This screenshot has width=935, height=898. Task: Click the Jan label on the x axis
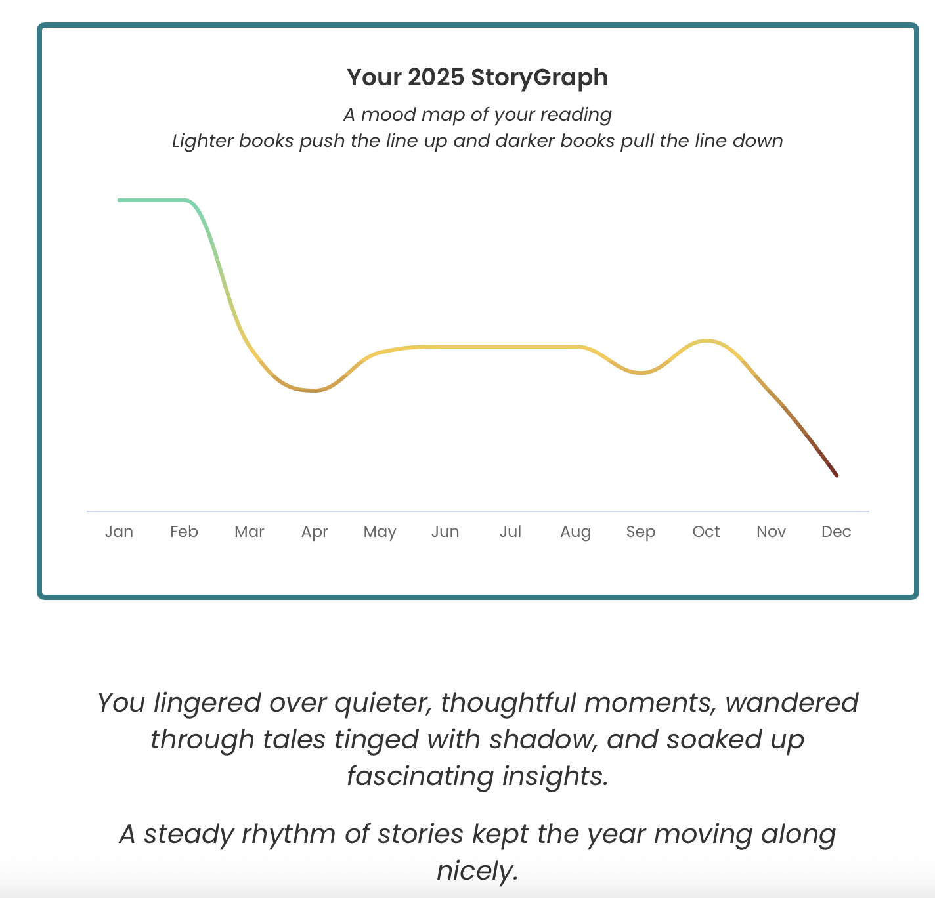pos(119,532)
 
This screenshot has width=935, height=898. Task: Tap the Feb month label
pos(184,532)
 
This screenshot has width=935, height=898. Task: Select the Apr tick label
pos(315,532)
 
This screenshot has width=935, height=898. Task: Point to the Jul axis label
pos(510,532)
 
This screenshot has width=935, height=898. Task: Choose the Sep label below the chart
pos(640,532)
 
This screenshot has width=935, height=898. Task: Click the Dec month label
pos(836,532)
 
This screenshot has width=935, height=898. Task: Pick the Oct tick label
pos(706,532)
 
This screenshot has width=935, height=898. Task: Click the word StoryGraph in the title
pos(539,78)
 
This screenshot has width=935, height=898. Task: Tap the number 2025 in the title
pos(436,77)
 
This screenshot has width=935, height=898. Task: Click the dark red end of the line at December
pos(837,476)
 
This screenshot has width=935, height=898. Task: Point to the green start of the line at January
pos(119,200)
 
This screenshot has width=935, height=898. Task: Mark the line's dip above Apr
pos(313,390)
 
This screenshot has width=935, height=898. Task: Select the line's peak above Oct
pos(707,341)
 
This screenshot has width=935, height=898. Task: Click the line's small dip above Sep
pos(641,372)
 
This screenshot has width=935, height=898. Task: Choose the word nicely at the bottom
pos(477,870)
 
